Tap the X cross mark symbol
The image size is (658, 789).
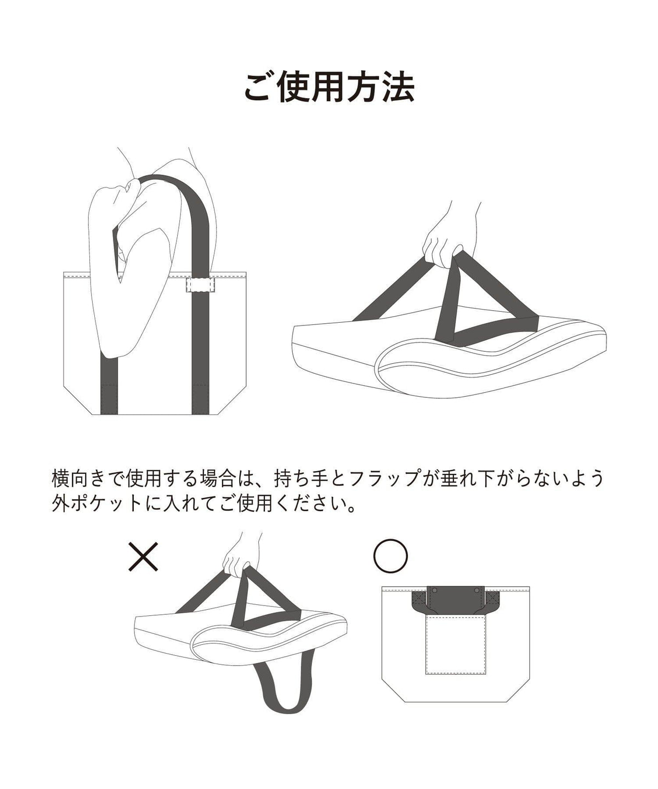(143, 557)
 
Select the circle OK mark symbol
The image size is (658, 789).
(390, 556)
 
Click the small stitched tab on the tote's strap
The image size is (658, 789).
(200, 285)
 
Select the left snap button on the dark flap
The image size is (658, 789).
(434, 591)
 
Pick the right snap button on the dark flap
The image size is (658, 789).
(477, 591)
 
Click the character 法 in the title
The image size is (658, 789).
(399, 88)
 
